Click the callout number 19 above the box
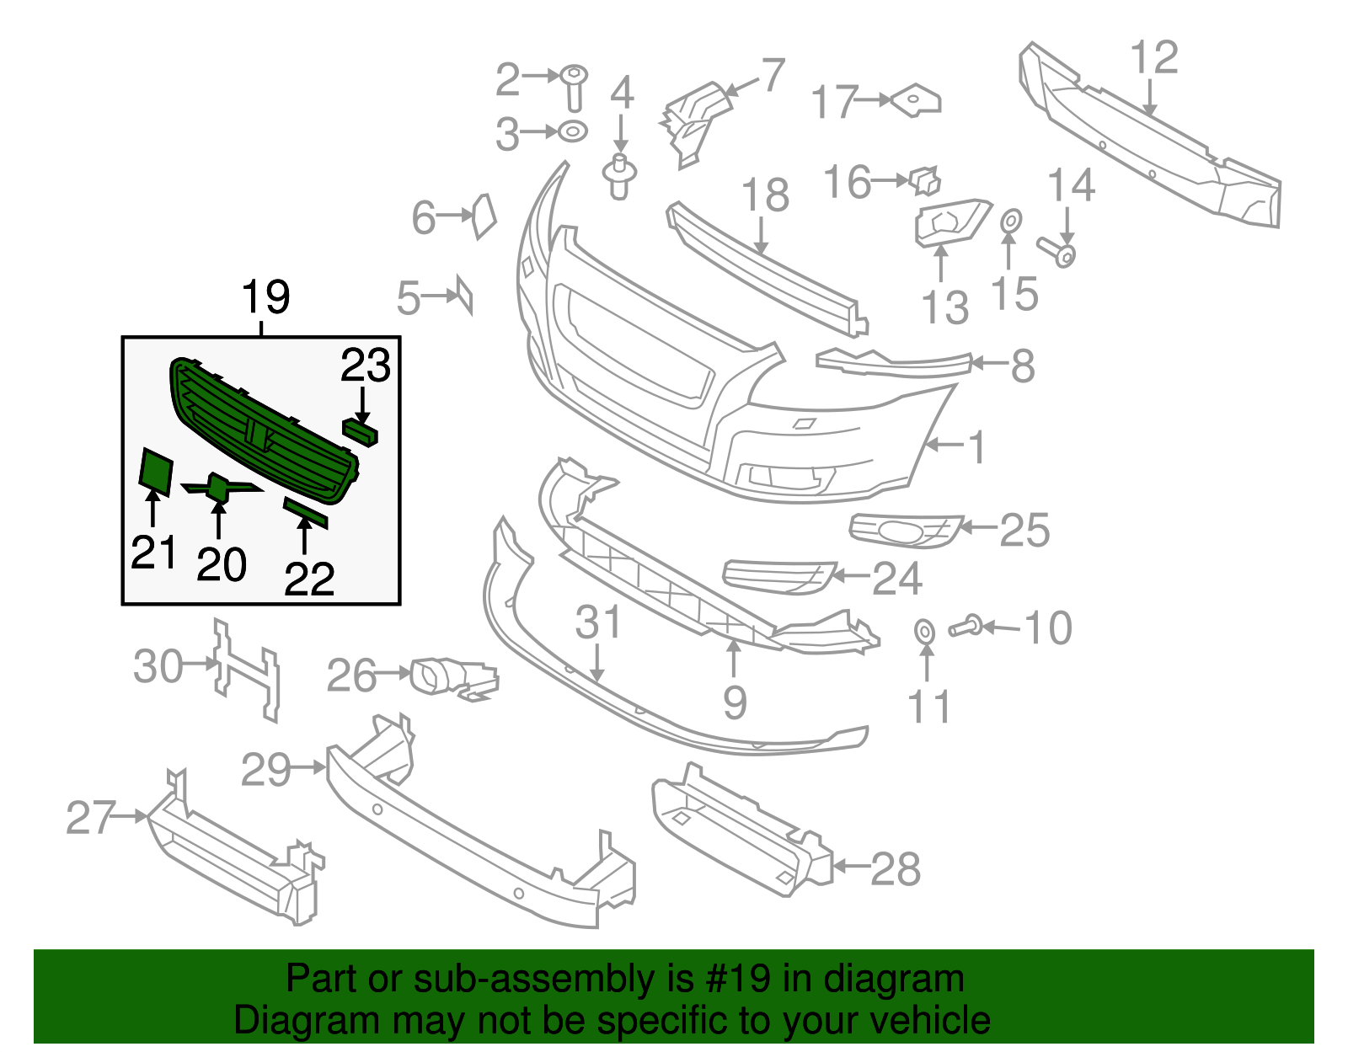coord(265,297)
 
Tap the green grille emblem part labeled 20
coord(218,487)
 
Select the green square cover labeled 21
coord(156,469)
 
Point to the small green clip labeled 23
coord(360,432)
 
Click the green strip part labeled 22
coord(305,512)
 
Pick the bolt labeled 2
coord(575,86)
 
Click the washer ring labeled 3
coord(573,131)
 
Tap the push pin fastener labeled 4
coord(619,176)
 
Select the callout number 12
coord(1153,59)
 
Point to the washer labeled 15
coord(1011,222)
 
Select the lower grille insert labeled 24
coord(777,576)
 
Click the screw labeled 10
coord(965,627)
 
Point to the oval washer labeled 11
coord(924,631)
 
